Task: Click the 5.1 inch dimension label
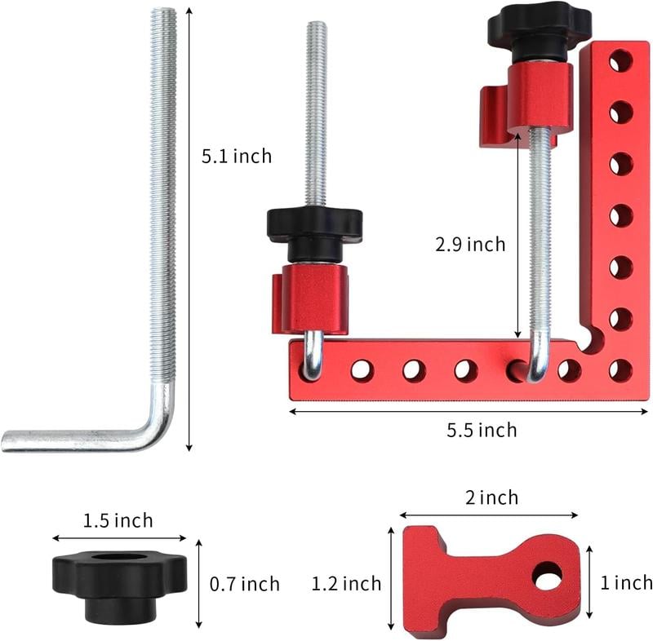[237, 156]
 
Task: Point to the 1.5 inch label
[118, 521]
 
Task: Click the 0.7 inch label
[244, 584]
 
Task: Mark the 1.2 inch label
[346, 583]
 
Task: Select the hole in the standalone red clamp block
[547, 576]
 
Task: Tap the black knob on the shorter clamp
[314, 224]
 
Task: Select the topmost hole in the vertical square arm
[620, 60]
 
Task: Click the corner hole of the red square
[620, 369]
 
